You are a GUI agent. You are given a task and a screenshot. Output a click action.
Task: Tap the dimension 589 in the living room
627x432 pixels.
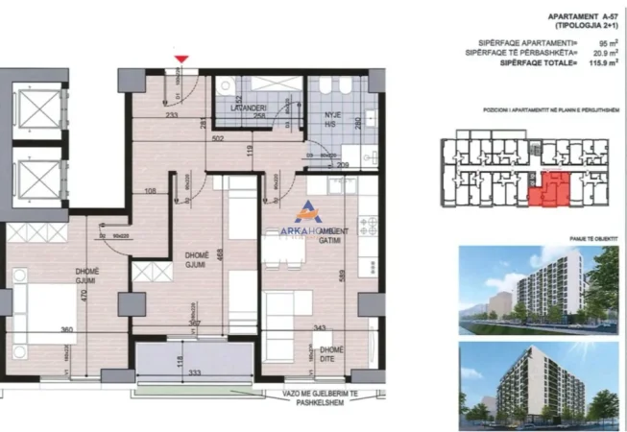pos(344,273)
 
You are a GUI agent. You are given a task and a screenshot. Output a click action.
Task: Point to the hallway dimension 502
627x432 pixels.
pos(219,138)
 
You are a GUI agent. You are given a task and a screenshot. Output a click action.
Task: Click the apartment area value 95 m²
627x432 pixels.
pos(605,43)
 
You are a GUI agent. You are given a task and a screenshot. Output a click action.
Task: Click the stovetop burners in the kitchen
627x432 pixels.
pos(367,226)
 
